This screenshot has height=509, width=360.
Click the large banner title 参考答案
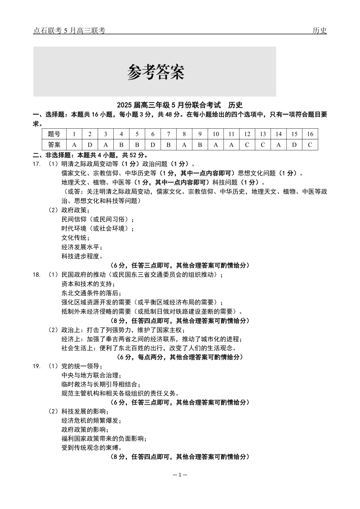click(155, 72)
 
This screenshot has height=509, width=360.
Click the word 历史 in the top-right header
click(319, 31)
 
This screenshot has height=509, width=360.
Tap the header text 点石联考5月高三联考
click(69, 31)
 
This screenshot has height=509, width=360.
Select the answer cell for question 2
click(90, 145)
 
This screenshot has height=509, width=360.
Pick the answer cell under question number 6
click(153, 145)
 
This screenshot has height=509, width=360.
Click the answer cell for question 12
click(247, 145)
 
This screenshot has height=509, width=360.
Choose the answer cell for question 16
click(310, 145)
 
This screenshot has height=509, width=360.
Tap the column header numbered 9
click(200, 134)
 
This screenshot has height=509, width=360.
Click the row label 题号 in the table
click(54, 134)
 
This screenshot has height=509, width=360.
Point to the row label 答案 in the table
click(54, 145)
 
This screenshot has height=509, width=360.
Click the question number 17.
click(37, 164)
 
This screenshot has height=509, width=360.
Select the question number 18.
click(37, 275)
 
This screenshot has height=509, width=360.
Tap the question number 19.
click(37, 366)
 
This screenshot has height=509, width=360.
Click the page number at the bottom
click(180, 475)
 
